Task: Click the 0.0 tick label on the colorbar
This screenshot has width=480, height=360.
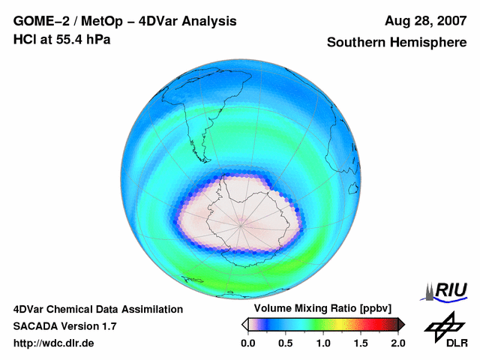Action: pos(247,343)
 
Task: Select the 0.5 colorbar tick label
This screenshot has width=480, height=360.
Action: pos(285,343)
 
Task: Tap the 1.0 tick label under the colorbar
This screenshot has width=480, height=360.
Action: pos(322,343)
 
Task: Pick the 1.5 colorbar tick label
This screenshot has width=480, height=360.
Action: pos(360,343)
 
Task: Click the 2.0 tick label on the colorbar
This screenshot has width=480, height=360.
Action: pos(397,343)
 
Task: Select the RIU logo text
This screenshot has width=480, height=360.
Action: pos(450,290)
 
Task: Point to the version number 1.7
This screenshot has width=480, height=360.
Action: pos(107,326)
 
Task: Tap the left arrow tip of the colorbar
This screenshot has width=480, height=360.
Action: pos(244,324)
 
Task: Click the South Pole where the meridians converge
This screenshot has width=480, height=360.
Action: pos(241,223)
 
